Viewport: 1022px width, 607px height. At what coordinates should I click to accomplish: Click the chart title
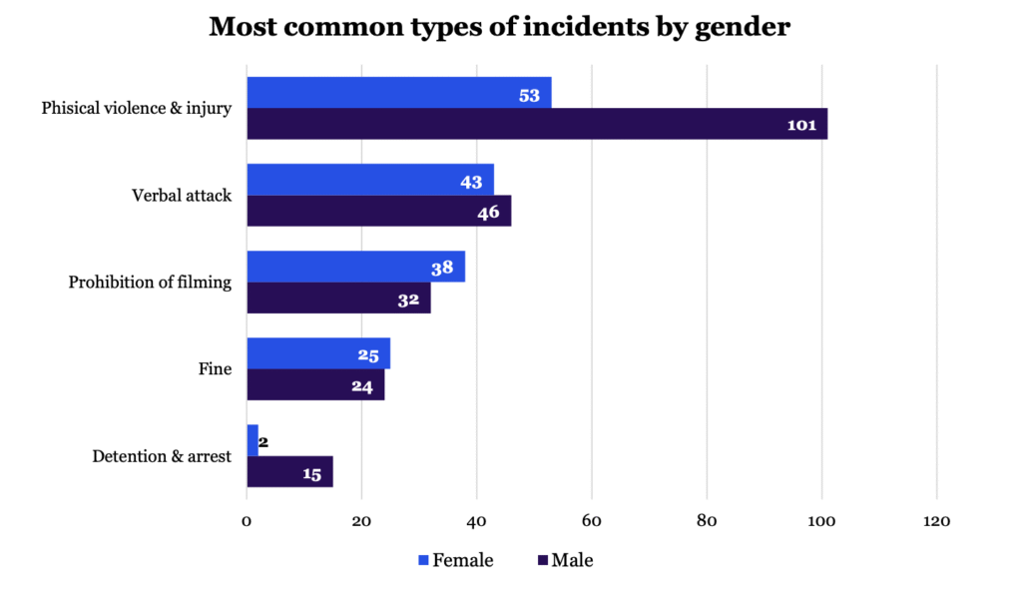point(499,27)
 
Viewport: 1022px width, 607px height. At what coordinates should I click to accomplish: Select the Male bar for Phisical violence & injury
point(536,125)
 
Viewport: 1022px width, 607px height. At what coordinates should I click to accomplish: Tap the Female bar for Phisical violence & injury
point(398,93)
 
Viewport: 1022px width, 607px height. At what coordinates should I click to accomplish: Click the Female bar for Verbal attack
point(369,180)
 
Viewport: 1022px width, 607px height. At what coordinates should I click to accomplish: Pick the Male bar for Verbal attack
point(378,212)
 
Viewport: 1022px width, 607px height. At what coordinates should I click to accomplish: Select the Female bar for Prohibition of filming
point(355,267)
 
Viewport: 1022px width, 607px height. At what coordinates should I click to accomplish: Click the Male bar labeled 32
point(338,299)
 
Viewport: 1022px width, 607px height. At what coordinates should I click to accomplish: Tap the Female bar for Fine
point(317,353)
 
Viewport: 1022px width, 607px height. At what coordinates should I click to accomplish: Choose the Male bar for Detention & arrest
point(289,472)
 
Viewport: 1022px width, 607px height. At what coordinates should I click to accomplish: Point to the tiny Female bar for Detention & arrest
point(252,440)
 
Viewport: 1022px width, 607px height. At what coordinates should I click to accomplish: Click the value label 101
point(800,126)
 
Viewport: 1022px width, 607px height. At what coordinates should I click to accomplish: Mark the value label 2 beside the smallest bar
point(263,440)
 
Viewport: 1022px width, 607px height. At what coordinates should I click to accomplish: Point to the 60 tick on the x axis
point(592,520)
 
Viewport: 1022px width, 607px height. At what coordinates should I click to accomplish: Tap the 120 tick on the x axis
point(937,520)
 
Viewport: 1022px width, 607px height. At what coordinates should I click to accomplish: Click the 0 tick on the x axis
point(247,520)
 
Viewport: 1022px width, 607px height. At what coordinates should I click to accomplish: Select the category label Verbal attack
point(182,196)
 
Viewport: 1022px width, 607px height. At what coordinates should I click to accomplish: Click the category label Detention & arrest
point(162,456)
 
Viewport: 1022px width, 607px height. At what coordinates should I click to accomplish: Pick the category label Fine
point(215,369)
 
